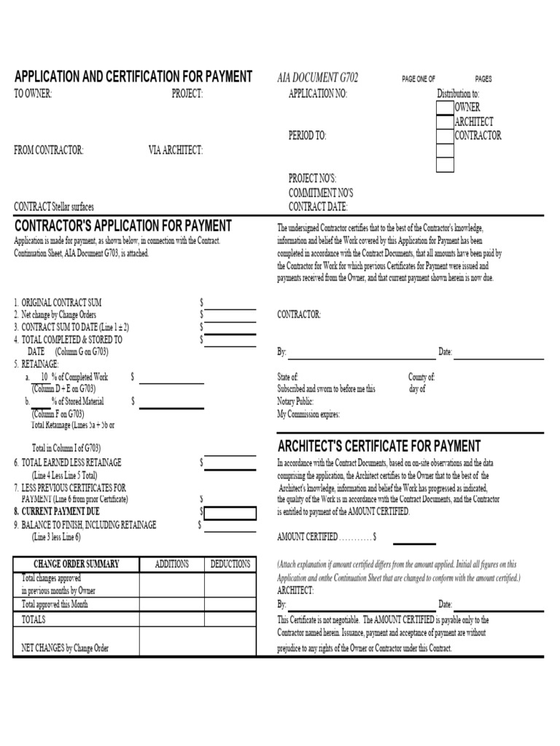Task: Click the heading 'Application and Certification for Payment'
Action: click(133, 77)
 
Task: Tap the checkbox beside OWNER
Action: click(445, 108)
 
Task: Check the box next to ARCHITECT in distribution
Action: click(445, 122)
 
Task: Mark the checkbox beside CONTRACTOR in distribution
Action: click(445, 136)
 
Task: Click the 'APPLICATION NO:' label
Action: click(318, 94)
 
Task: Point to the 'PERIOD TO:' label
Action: click(307, 136)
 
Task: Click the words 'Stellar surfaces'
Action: click(73, 207)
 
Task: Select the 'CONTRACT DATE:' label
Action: click(318, 207)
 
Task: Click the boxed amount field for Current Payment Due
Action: click(230, 513)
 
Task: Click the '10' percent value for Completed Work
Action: click(44, 377)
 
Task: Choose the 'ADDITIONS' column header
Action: click(171, 565)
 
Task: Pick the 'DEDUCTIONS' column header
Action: click(230, 565)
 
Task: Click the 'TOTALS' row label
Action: click(34, 619)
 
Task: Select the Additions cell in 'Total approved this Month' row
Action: click(171, 605)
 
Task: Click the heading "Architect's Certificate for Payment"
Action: click(378, 446)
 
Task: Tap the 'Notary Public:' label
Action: click(295, 401)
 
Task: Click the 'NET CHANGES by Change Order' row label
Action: click(65, 648)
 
